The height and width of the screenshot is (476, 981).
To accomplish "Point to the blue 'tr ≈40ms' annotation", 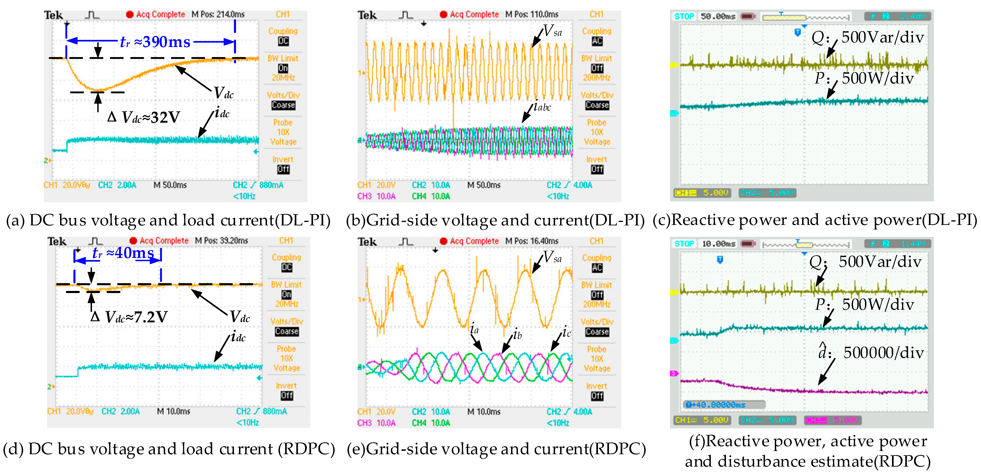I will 123,253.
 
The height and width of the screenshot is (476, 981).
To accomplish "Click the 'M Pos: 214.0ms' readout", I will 218,14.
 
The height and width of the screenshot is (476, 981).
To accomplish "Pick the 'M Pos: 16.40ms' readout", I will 532,241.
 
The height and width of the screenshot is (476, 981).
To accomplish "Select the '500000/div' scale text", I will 884,353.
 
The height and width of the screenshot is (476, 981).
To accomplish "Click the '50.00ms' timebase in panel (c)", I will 718,16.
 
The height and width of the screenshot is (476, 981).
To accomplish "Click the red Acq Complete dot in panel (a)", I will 130,14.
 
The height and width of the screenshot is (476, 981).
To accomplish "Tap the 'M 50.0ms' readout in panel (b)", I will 484,185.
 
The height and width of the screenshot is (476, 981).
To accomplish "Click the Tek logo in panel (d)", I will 57,241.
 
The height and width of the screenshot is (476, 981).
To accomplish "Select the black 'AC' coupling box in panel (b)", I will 597,41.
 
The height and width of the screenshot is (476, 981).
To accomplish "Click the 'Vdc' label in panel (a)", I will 224,93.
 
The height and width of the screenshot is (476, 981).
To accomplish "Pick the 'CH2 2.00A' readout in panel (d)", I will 120,411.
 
